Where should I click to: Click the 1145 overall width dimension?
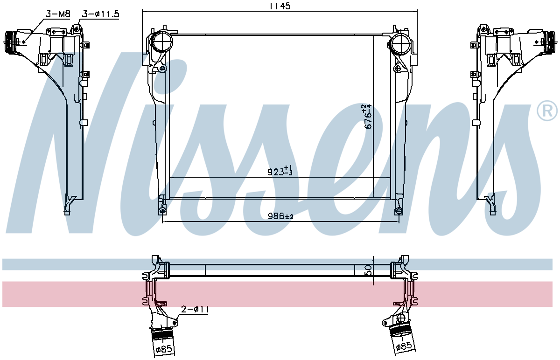(x=280, y=6)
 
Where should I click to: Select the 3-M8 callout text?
(x=58, y=14)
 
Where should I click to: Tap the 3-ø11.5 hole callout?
(x=100, y=14)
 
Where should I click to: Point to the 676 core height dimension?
(x=368, y=117)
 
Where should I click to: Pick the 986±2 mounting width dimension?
(x=280, y=216)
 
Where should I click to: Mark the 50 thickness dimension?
(x=369, y=270)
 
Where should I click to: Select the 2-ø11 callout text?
(x=195, y=310)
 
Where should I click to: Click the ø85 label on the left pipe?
(x=164, y=349)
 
